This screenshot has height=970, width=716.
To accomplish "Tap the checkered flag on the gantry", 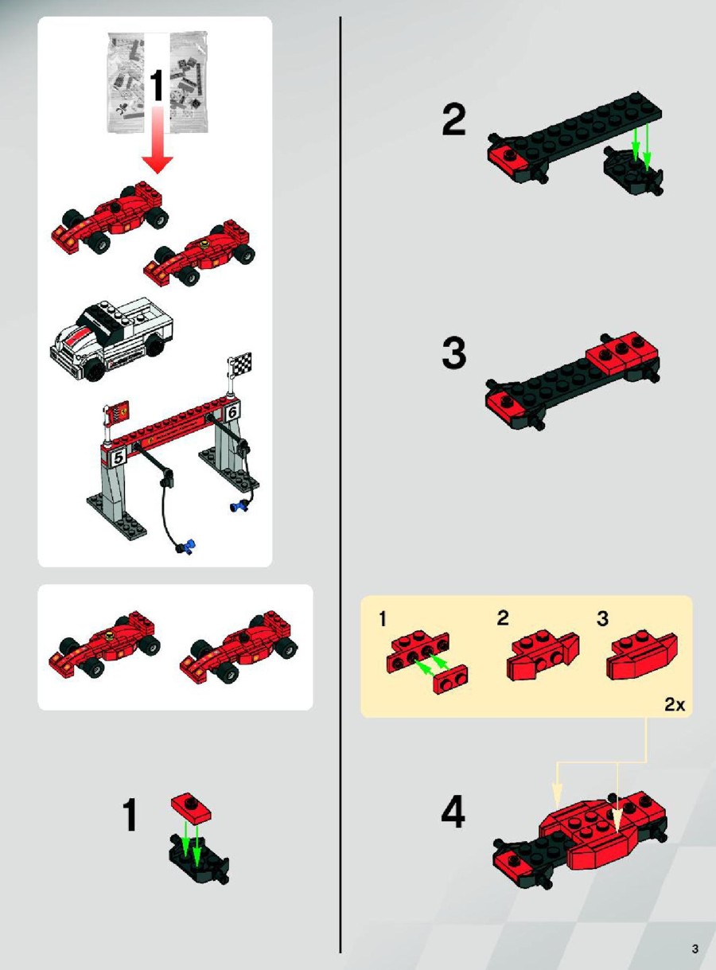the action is pyautogui.click(x=241, y=362).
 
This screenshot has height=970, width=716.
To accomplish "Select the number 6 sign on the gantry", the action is pyautogui.click(x=232, y=412).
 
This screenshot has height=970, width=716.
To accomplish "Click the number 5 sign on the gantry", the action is pyautogui.click(x=119, y=458).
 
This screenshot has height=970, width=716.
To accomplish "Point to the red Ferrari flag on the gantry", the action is pyautogui.click(x=120, y=412).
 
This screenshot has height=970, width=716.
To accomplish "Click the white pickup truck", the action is pyautogui.click(x=111, y=338).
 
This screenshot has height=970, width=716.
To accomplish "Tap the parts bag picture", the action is pyautogui.click(x=157, y=81).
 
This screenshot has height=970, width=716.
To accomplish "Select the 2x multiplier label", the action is pyautogui.click(x=675, y=705).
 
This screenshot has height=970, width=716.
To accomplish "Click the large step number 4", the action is pyautogui.click(x=453, y=812).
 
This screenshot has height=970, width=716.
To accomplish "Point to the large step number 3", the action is pyautogui.click(x=453, y=353).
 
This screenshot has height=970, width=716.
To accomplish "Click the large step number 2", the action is pyautogui.click(x=453, y=120).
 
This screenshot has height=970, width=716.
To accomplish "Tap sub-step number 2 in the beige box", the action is pyautogui.click(x=503, y=618).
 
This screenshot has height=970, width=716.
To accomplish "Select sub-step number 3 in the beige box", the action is pyautogui.click(x=603, y=618).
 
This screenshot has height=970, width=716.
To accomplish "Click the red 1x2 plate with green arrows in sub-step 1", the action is pyautogui.click(x=450, y=680).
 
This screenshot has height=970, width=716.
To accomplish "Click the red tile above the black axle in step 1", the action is pyautogui.click(x=191, y=808).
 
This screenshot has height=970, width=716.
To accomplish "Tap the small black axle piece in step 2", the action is pyautogui.click(x=633, y=169).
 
